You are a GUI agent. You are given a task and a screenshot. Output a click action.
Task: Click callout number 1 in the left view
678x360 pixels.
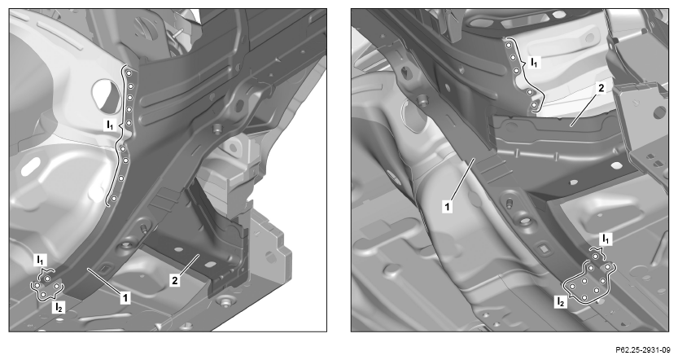click(x=125, y=297)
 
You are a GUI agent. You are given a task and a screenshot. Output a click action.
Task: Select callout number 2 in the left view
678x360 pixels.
click(x=175, y=280)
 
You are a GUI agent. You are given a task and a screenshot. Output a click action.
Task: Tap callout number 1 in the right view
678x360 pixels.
click(x=447, y=207)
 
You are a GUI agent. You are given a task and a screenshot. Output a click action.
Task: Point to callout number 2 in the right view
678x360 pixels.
click(x=601, y=88)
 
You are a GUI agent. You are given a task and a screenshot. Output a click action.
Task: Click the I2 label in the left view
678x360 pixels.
click(x=59, y=307)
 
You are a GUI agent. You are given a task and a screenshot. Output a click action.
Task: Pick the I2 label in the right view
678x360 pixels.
click(x=560, y=301)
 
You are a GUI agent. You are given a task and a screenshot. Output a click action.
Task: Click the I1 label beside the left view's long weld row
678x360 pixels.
click(x=110, y=125)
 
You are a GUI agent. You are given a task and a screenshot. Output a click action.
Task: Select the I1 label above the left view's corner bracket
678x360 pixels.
click(x=40, y=260)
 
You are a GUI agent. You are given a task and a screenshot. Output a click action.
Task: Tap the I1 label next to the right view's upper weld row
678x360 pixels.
click(x=535, y=63)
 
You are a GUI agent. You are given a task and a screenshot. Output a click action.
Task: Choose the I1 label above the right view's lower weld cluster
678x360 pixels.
click(x=606, y=239)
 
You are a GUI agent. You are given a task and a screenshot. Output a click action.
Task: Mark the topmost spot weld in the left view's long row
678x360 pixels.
click(x=129, y=74)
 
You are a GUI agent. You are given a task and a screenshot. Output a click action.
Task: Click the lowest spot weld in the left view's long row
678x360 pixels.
click(x=113, y=198)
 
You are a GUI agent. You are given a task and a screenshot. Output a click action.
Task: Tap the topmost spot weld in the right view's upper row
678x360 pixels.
click(x=509, y=45)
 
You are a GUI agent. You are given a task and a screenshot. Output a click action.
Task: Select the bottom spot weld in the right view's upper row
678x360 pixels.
click(x=534, y=105)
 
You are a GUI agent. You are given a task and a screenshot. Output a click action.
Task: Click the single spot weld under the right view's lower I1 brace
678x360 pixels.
click(x=596, y=257)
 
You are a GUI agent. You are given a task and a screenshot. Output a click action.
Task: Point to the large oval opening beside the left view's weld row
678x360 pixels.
click(x=106, y=94)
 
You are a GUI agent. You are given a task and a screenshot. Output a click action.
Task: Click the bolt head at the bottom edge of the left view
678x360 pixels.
click(x=224, y=302)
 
